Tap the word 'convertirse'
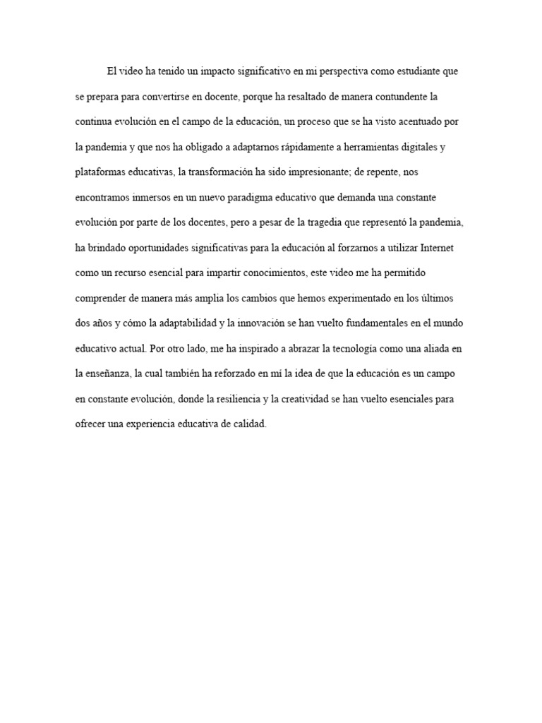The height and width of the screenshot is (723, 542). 185,96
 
